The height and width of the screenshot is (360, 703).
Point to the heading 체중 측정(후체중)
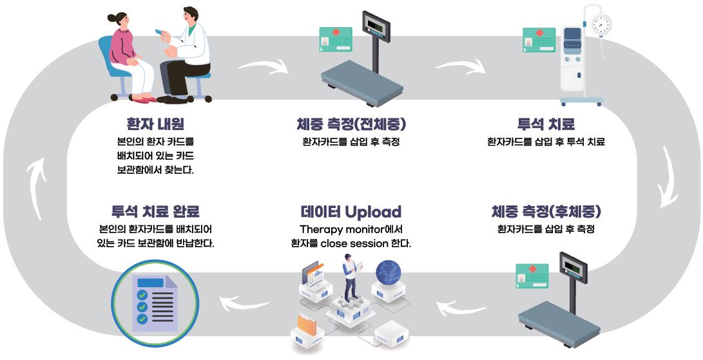coord(546,211)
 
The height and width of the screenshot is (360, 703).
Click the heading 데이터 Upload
coord(351,212)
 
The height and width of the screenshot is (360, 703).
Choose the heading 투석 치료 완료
coord(155,212)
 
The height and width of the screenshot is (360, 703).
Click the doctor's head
coord(189,16)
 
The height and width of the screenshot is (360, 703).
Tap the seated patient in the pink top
coord(126,52)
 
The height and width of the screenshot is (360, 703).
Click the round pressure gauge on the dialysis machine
coord(601,25)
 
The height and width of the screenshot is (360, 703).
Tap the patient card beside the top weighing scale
coord(336,39)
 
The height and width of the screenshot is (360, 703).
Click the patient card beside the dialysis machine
coord(539,41)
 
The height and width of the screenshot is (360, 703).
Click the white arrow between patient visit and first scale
coord(264,66)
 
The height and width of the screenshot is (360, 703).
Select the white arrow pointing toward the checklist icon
coord(244,298)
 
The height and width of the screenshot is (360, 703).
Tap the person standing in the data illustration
coord(351,277)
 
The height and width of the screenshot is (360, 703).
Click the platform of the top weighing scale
coord(361,81)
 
